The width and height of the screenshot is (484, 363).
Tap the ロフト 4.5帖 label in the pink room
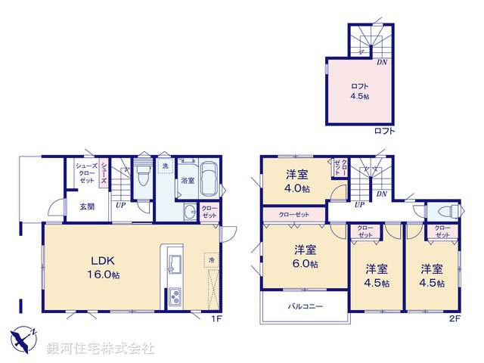[x=359, y=92]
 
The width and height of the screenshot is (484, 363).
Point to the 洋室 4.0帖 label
[x=297, y=182]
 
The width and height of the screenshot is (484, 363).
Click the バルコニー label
[x=305, y=307]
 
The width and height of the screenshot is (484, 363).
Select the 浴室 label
[x=188, y=181]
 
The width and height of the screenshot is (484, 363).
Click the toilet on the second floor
[x=445, y=211]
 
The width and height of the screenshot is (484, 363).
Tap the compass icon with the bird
[x=25, y=337]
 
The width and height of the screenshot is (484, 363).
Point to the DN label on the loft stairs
[x=383, y=62]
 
